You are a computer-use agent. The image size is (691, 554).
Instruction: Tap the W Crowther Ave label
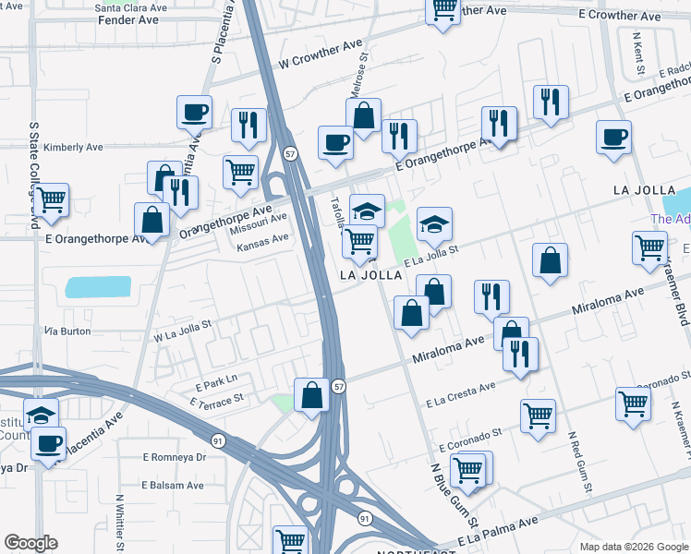point(321,53)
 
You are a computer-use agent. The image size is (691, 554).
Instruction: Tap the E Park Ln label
point(215,379)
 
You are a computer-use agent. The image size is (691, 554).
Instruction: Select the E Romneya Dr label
point(179,457)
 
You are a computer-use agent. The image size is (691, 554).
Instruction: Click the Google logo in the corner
point(31,542)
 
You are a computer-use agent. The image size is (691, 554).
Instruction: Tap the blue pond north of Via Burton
point(99,287)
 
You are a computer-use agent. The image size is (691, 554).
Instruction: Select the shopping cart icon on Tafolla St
point(359,243)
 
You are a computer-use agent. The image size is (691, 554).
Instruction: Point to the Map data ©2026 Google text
point(633,547)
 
